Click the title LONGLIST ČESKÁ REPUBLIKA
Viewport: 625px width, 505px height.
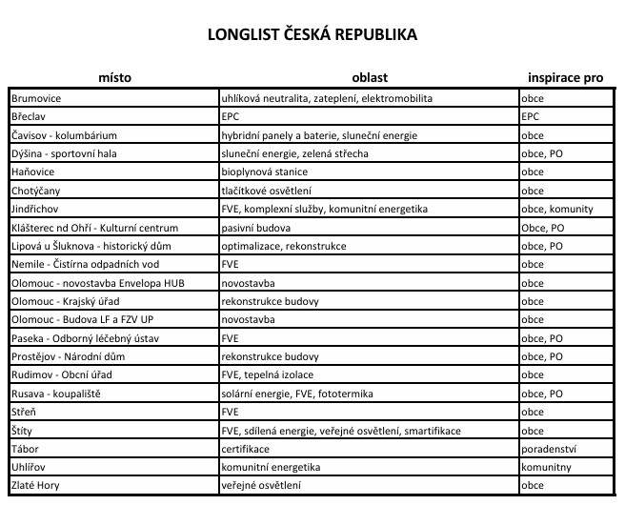(312, 35)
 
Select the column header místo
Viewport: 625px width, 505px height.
(114, 77)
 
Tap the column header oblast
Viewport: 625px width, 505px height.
(368, 77)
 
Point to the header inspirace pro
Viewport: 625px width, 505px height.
(567, 77)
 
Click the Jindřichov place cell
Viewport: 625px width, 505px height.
(37, 209)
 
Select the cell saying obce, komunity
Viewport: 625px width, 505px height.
(557, 209)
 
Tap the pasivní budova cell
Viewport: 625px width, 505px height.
(252, 228)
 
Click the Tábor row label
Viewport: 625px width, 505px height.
(26, 449)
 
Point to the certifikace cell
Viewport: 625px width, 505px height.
(245, 449)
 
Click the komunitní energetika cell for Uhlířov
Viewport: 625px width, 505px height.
(271, 467)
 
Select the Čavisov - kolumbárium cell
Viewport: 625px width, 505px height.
(63, 135)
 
